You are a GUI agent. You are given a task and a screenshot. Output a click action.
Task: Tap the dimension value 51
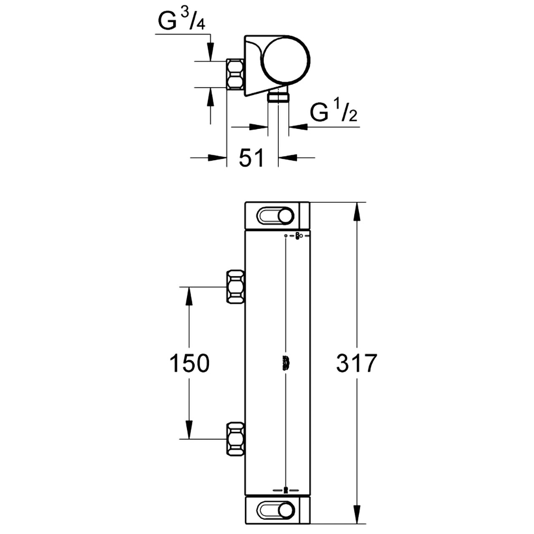[251, 157]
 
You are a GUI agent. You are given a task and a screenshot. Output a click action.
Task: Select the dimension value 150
[189, 363]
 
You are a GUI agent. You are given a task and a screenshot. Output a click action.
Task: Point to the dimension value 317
[357, 363]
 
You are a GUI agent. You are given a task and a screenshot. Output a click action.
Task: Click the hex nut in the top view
[235, 74]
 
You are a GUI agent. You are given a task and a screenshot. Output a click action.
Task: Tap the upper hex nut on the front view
[236, 287]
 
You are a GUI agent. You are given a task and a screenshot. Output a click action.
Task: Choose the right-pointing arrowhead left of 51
[217, 157]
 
